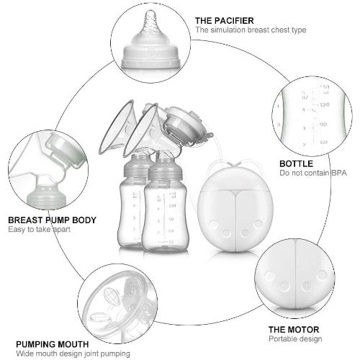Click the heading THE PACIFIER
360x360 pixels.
pos(224,21)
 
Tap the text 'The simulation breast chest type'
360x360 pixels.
pos(251,30)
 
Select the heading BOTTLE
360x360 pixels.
pos(296,164)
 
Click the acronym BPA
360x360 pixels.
pos(339,173)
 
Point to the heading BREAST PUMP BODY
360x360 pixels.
pos(52,220)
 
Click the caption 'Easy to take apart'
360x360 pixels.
pos(39,230)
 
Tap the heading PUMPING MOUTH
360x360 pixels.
pos(53,345)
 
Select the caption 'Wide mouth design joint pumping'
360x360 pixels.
pos(73,354)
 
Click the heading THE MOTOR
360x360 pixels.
pos(294,330)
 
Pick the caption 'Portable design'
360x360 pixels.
pos(295,339)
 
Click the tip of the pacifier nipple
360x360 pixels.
pos(150,12)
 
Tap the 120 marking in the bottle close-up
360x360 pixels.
pos(324,105)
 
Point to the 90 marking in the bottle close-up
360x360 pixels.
pos(323,125)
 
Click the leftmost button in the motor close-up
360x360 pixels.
pos(269,276)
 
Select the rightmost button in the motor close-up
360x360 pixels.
pos(322,275)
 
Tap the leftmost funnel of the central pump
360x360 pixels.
pos(116,127)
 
